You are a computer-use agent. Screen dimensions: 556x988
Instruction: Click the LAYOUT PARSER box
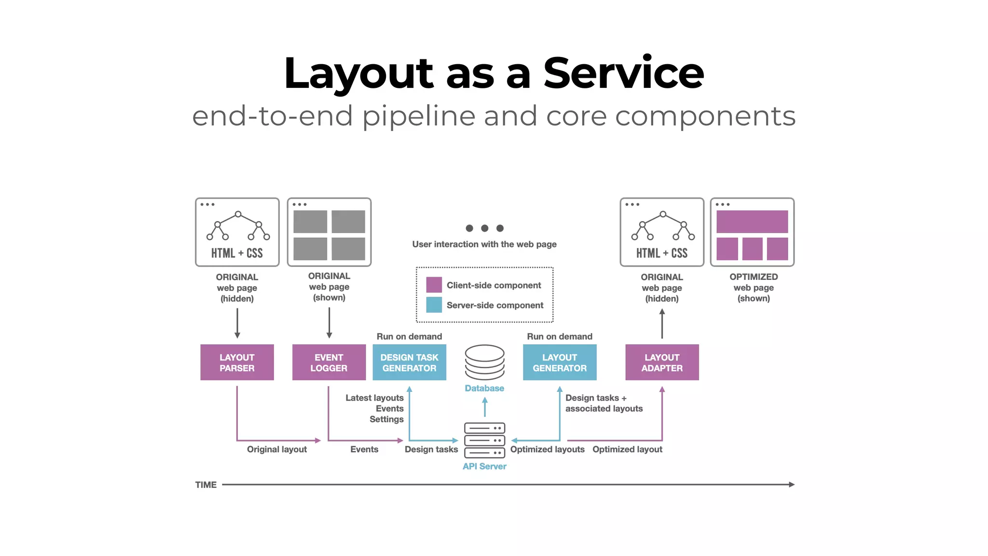pos(237,362)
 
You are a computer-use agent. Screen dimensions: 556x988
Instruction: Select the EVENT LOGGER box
pos(329,362)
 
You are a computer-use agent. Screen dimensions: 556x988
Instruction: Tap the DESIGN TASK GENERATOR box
pos(409,362)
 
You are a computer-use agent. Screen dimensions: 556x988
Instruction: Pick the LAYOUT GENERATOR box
pos(560,362)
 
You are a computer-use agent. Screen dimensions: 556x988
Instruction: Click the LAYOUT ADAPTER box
pos(662,362)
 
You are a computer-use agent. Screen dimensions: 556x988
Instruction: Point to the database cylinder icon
pos(484,362)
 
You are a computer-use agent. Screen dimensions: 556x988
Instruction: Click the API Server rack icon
pos(484,440)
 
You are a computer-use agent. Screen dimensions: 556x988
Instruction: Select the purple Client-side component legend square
pos(434,285)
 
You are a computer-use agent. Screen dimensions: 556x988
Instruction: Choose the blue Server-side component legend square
pos(434,305)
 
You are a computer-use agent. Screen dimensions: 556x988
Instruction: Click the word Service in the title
pos(623,73)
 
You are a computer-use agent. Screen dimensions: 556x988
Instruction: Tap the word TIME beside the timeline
pos(206,485)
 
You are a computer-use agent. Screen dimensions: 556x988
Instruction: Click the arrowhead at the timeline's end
pos(792,485)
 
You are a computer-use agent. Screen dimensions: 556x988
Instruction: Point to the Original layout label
pos(277,449)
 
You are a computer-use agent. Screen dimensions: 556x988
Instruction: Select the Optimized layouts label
pos(547,449)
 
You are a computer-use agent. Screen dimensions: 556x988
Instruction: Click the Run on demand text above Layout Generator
pos(560,336)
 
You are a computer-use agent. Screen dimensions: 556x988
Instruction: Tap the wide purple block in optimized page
pos(752,222)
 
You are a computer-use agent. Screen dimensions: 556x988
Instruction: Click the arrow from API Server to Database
pos(485,406)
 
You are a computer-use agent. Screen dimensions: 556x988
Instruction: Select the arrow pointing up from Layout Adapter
pos(662,323)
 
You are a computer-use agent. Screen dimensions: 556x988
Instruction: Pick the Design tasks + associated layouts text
pos(604,403)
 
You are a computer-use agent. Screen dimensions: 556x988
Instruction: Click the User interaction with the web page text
pos(484,244)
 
